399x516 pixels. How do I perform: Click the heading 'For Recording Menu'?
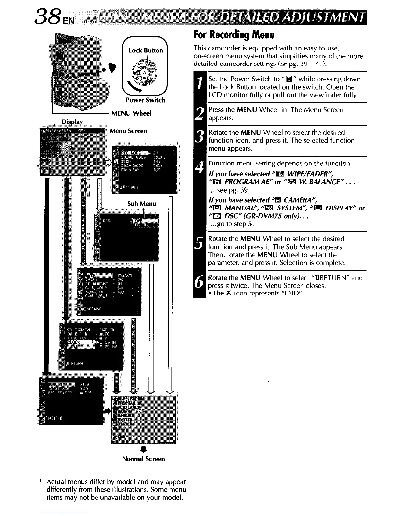(x=234, y=34)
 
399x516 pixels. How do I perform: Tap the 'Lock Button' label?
(x=146, y=50)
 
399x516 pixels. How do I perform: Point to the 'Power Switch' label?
(x=145, y=100)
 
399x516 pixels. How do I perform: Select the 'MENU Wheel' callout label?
(x=131, y=113)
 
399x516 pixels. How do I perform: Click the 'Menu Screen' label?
(x=128, y=131)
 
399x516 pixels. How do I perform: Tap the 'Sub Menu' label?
(x=142, y=204)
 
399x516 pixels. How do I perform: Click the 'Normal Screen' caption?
(x=143, y=459)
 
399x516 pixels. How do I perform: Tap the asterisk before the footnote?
(x=40, y=481)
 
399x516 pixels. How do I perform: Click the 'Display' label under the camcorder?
(x=72, y=122)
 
